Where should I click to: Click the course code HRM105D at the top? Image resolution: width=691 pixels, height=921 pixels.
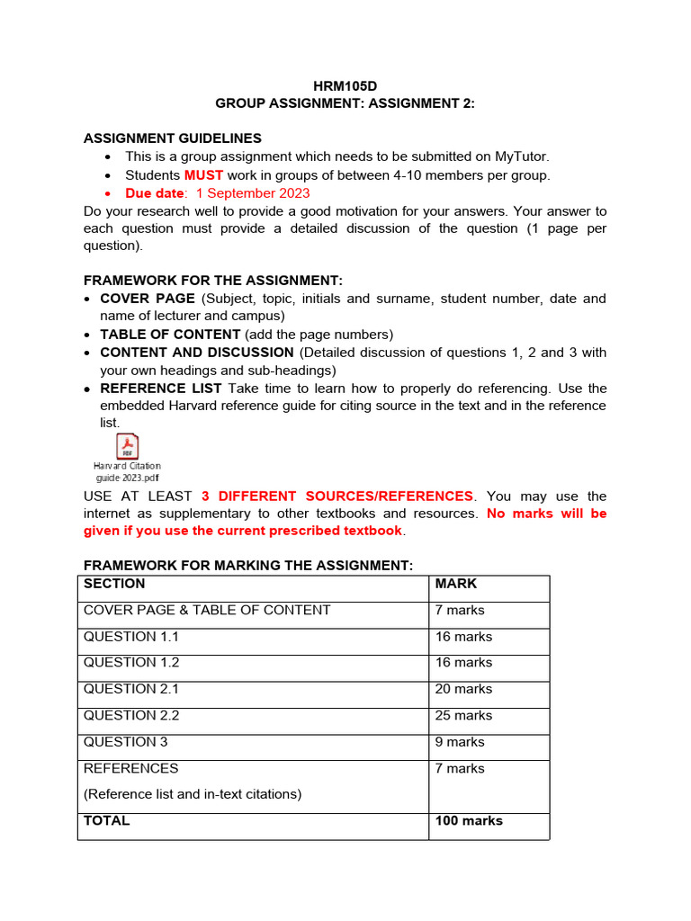coord(345,86)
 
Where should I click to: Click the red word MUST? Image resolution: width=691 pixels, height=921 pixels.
coord(203,175)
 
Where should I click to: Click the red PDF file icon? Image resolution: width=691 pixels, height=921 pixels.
coord(127,447)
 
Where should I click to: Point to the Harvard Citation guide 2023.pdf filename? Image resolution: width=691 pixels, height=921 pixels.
coord(127,472)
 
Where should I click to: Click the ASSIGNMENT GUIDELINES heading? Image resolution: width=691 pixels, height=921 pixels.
coord(173,139)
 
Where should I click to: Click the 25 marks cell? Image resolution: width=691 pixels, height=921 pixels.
coord(463,716)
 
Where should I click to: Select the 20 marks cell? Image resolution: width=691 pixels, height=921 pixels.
coord(463,689)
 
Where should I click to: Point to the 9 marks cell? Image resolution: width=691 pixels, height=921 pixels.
coord(460,742)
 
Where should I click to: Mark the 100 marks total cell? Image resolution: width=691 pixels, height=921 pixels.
coord(469,821)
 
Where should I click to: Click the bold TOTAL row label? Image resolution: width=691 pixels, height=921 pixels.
coord(107,821)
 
